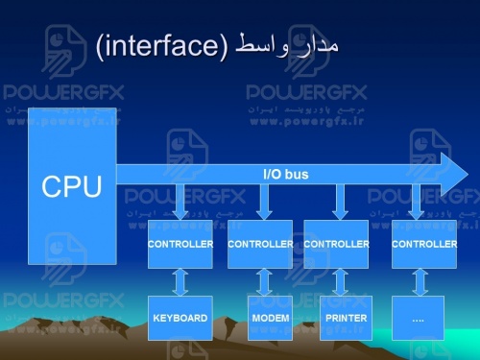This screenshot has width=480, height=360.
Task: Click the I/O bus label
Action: (285, 174)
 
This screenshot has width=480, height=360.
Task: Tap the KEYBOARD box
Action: (180, 318)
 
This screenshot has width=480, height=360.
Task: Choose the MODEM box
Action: (270, 318)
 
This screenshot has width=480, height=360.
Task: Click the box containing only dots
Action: (418, 318)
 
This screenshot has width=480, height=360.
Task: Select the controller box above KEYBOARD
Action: (180, 245)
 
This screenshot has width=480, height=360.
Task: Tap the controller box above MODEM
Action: (260, 245)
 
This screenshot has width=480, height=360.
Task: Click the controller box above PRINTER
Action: (336, 245)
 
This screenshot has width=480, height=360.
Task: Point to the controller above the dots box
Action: (424, 245)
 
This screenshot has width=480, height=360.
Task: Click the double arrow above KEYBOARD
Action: (180, 282)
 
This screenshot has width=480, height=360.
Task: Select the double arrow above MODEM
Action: (265, 282)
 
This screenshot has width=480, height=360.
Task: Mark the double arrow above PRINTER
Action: (340, 282)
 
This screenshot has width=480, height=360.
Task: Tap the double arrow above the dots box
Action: (420, 282)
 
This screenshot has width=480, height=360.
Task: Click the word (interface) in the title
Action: (161, 45)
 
